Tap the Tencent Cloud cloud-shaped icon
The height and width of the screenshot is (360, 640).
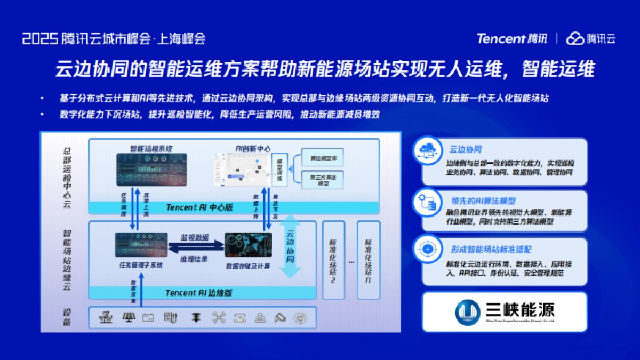pyautogui.click(x=575, y=38)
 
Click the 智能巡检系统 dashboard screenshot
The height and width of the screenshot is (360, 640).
pyautogui.click(x=151, y=170)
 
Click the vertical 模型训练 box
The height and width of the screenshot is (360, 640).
pyautogui.click(x=279, y=170)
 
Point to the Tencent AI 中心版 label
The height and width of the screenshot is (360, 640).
pyautogui.click(x=199, y=207)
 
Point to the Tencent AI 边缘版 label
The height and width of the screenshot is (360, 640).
pyautogui.click(x=198, y=293)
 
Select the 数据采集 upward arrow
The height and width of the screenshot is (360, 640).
pyautogui.click(x=140, y=289)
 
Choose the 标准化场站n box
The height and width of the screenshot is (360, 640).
pyautogui.click(x=369, y=260)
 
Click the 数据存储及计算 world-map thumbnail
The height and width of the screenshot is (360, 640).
pyautogui.click(x=248, y=246)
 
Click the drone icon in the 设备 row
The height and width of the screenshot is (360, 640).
pyautogui.click(x=219, y=318)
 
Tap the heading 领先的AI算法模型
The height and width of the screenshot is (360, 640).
pyautogui.click(x=483, y=201)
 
